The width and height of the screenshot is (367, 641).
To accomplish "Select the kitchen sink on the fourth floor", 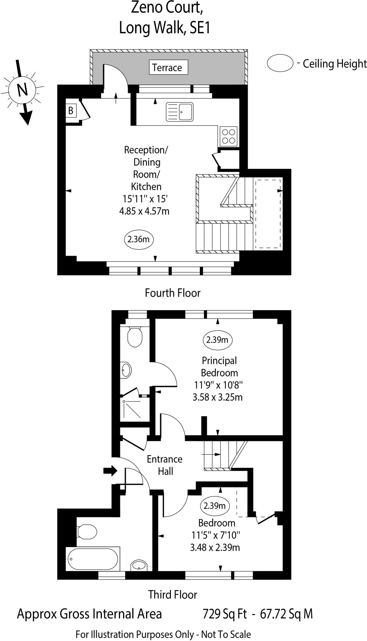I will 180,112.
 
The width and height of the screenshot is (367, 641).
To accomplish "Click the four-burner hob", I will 228,136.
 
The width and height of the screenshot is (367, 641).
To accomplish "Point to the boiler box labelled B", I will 71,110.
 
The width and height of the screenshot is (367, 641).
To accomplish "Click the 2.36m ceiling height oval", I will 139,239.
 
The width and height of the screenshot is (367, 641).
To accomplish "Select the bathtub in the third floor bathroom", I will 93,559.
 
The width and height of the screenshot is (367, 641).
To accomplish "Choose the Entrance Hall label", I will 165,465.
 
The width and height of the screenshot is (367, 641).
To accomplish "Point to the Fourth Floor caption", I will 172,293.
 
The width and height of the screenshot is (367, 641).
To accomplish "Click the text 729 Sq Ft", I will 225,614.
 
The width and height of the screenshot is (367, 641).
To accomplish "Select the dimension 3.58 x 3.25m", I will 217,397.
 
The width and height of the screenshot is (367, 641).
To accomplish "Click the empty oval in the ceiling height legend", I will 280,64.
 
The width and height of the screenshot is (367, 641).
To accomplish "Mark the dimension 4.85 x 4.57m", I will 144,211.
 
